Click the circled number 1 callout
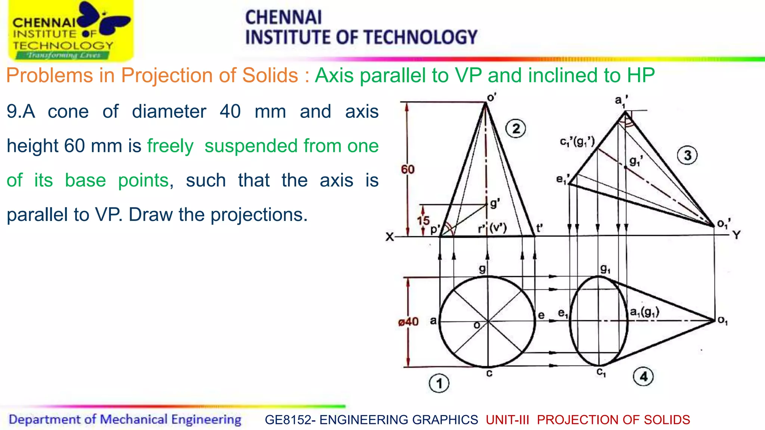439,383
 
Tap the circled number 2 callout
516,129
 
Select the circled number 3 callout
688,155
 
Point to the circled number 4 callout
643,376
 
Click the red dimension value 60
408,170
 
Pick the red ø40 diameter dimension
408,322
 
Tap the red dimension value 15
423,221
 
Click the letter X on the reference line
390,237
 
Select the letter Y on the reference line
736,235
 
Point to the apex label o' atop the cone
492,98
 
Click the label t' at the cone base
539,228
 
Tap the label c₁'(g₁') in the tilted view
577,142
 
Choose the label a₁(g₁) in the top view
644,312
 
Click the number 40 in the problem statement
230,112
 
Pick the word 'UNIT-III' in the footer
507,420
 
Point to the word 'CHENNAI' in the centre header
283,18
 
